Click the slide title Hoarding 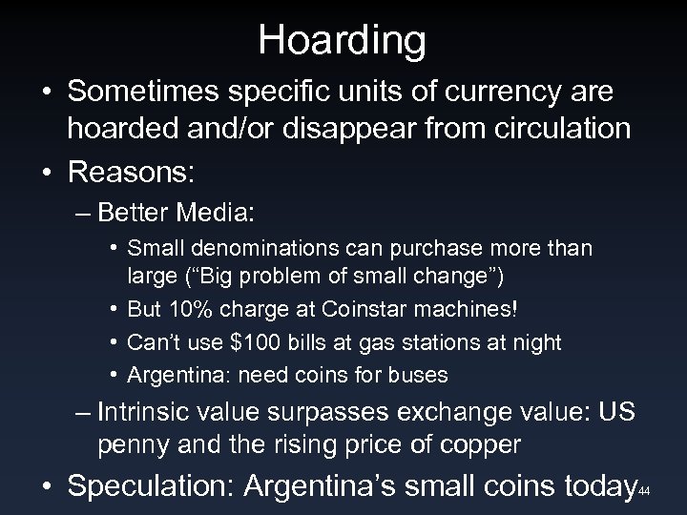343,39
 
